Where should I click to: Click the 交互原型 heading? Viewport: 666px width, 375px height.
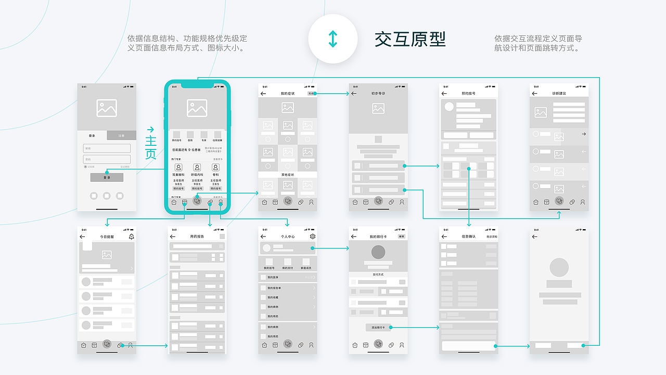(x=410, y=40)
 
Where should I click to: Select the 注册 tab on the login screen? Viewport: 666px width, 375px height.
(x=121, y=135)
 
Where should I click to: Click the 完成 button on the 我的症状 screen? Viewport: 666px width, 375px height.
(x=311, y=93)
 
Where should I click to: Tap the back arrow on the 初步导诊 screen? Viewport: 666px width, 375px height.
(x=354, y=94)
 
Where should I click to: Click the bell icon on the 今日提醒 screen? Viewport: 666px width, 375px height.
(x=131, y=236)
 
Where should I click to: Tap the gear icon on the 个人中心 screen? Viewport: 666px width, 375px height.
(x=312, y=236)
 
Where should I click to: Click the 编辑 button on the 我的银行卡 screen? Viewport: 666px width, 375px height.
(x=401, y=236)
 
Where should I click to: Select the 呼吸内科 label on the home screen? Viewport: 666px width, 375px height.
(x=197, y=175)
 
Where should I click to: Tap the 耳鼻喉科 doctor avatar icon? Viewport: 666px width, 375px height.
(x=178, y=167)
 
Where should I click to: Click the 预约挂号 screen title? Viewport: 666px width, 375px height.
(x=468, y=94)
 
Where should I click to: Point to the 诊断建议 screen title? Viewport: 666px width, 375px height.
(x=559, y=94)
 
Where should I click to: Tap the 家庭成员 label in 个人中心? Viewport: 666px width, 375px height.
(x=306, y=268)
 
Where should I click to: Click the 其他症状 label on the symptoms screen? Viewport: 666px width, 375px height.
(x=288, y=174)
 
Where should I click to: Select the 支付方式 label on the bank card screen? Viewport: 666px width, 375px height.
(x=378, y=274)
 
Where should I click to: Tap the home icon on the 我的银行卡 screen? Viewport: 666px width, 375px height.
(x=355, y=345)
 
